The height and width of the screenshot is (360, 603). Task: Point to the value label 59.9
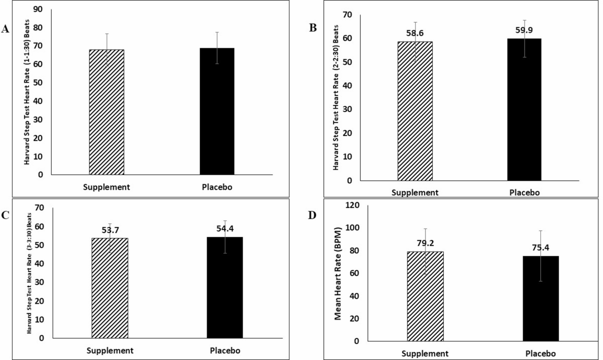pyautogui.click(x=524, y=30)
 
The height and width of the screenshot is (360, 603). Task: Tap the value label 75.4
pyautogui.click(x=541, y=247)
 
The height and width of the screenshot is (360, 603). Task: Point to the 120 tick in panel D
pyautogui.click(x=353, y=205)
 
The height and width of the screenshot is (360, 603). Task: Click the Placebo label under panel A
pyautogui.click(x=217, y=187)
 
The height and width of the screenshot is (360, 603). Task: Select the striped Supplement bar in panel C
pyautogui.click(x=110, y=288)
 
